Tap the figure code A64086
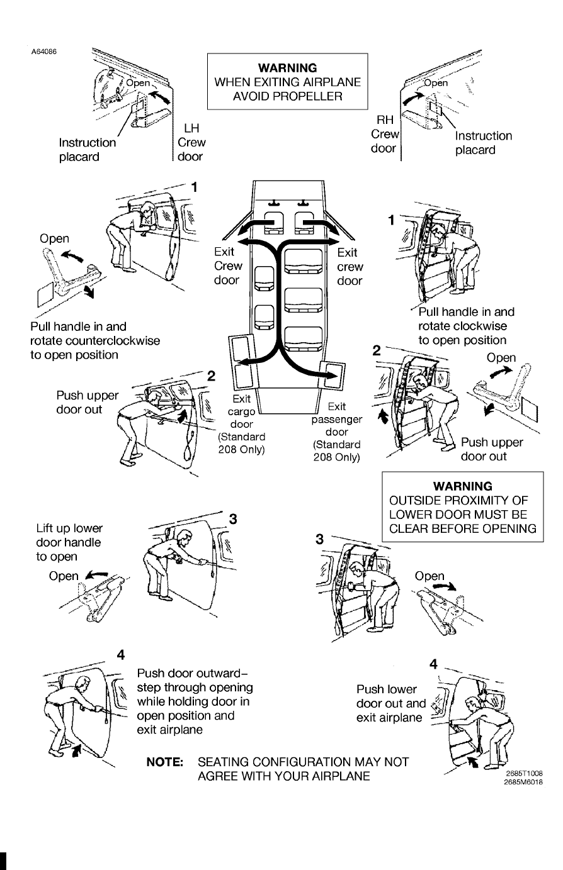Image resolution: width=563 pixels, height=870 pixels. tap(44, 51)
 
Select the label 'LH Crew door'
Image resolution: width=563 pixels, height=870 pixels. tap(191, 142)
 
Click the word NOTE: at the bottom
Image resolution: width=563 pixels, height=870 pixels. tap(165, 762)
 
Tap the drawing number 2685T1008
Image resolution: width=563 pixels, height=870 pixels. tap(524, 774)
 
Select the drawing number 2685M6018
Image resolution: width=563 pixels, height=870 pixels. tap(524, 782)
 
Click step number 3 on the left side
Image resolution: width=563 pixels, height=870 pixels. tap(233, 518)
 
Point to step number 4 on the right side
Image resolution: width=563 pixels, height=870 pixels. tap(433, 664)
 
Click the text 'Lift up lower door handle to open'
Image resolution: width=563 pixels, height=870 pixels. tap(69, 542)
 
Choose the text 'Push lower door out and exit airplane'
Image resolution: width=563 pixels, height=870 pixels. tap(391, 703)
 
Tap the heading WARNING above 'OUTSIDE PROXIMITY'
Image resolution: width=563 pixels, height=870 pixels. tap(463, 486)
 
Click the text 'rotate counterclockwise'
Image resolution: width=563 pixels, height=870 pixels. tap(94, 340)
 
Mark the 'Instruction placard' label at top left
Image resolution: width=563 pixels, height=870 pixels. tap(87, 150)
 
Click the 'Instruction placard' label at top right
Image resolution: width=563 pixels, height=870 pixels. tap(483, 143)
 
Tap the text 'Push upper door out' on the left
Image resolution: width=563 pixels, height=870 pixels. tap(87, 403)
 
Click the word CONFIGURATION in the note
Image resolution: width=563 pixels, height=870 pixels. tap(305, 762)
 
